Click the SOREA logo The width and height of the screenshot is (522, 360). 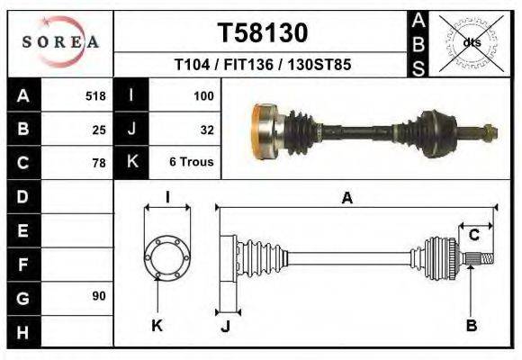[x=60, y=42]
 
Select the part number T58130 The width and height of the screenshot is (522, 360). [x=262, y=33]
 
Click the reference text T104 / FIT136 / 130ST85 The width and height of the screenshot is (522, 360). [x=262, y=65]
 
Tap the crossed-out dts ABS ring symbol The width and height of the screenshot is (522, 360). [x=471, y=42]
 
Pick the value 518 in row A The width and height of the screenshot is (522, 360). [x=95, y=95]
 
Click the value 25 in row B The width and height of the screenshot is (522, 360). [x=99, y=129]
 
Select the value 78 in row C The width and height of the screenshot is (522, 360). [x=99, y=163]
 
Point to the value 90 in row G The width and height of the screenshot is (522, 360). [x=99, y=296]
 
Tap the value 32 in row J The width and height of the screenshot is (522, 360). [x=206, y=129]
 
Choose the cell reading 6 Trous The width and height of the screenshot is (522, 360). [x=192, y=163]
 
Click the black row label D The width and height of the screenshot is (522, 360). [x=22, y=195]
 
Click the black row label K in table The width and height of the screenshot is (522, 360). [x=131, y=162]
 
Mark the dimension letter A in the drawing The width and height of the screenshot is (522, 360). [x=346, y=199]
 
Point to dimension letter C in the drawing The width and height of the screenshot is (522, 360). [x=473, y=236]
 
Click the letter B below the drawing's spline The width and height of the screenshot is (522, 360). [x=471, y=325]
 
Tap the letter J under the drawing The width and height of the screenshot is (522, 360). [x=225, y=326]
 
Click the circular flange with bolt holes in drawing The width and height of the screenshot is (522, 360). [x=167, y=256]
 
